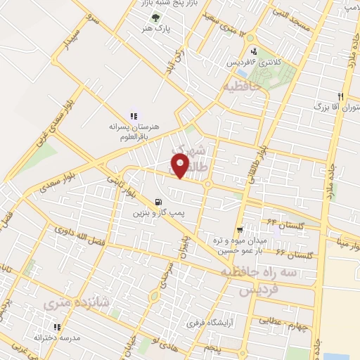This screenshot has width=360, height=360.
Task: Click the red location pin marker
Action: point(181,166)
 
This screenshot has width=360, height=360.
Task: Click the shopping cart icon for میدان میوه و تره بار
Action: point(240,229)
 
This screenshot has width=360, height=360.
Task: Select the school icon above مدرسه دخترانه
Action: point(57,327)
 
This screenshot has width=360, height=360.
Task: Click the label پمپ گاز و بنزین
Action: point(157,212)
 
